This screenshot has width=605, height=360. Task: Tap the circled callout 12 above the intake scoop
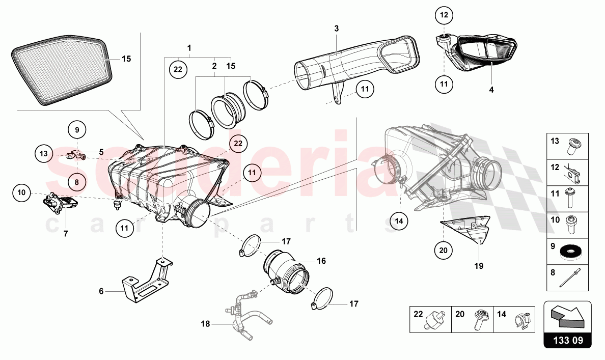[444, 15]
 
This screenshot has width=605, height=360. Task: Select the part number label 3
[337, 29]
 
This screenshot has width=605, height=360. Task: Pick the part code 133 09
[567, 340]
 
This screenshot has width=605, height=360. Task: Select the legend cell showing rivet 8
[568, 277]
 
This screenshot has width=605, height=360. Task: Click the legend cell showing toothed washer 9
[568, 250]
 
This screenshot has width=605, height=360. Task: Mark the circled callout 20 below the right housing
[443, 250]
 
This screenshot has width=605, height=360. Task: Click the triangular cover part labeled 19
[469, 229]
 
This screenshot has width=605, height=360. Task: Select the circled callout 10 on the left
[21, 192]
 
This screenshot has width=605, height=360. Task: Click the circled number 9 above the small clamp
[77, 130]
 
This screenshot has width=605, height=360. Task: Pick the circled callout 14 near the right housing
[399, 220]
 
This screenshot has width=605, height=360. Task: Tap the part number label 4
[491, 89]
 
